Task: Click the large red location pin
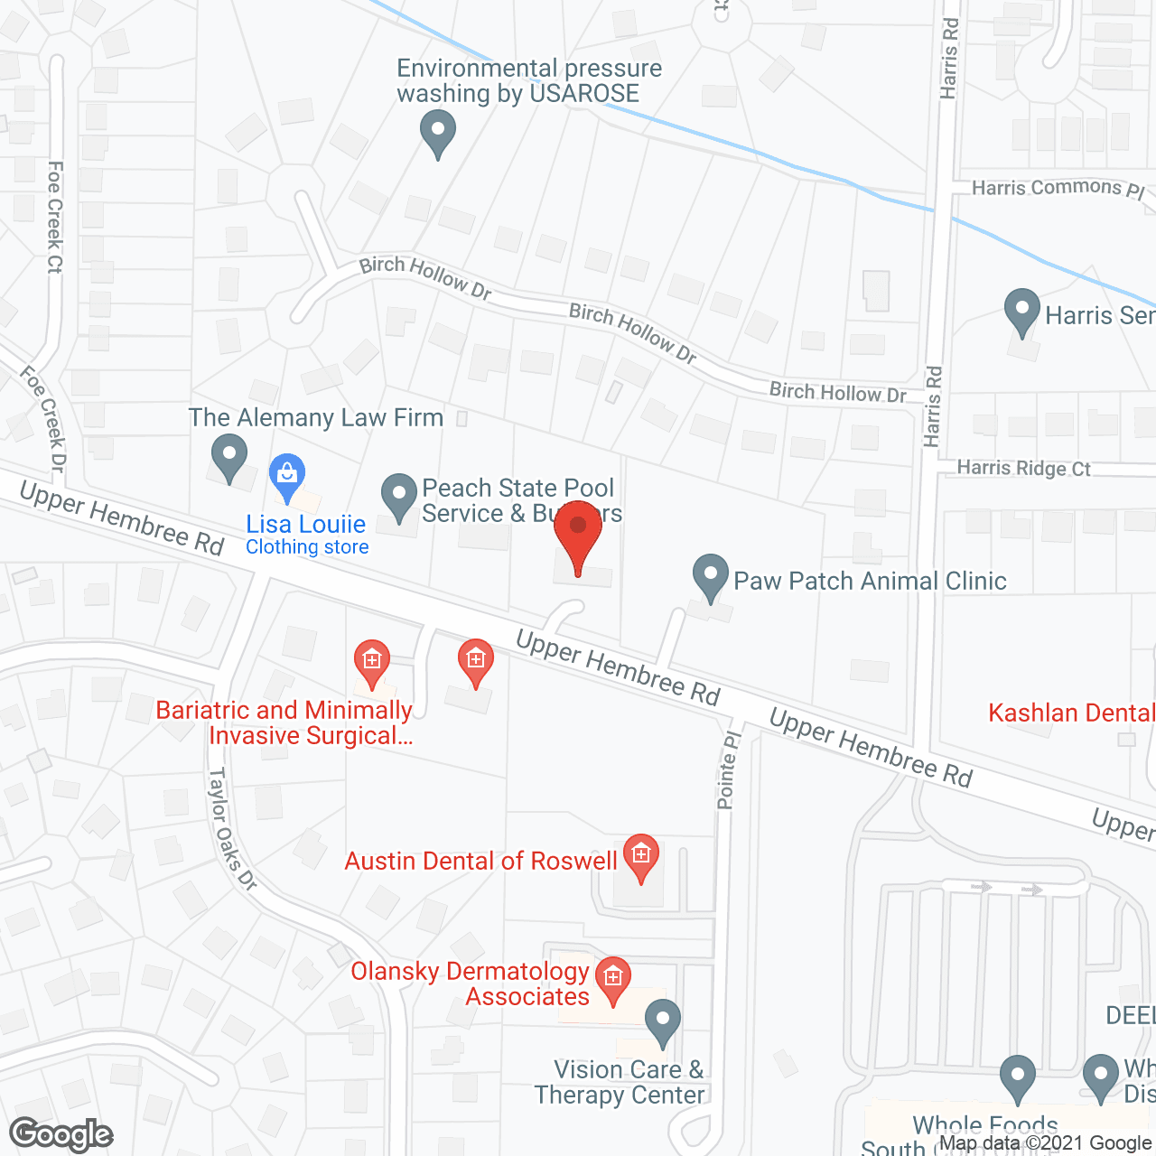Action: pyautogui.click(x=578, y=532)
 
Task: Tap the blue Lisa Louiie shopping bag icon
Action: pyautogui.click(x=287, y=476)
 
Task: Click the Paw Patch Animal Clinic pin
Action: pyautogui.click(x=711, y=576)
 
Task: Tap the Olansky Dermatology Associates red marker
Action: pyautogui.click(x=613, y=979)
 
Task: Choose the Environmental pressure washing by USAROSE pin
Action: pyautogui.click(x=438, y=132)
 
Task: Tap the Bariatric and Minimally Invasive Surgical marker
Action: pyautogui.click(x=371, y=663)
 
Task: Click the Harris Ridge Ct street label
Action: pyautogui.click(x=1023, y=468)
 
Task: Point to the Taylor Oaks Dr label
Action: pyautogui.click(x=232, y=828)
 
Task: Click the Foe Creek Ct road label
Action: pyautogui.click(x=55, y=217)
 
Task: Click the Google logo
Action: pyautogui.click(x=61, y=1134)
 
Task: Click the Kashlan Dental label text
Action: pyautogui.click(x=1071, y=713)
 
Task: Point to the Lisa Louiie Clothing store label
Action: pyautogui.click(x=306, y=535)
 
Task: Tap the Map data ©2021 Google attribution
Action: pyautogui.click(x=1045, y=1143)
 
